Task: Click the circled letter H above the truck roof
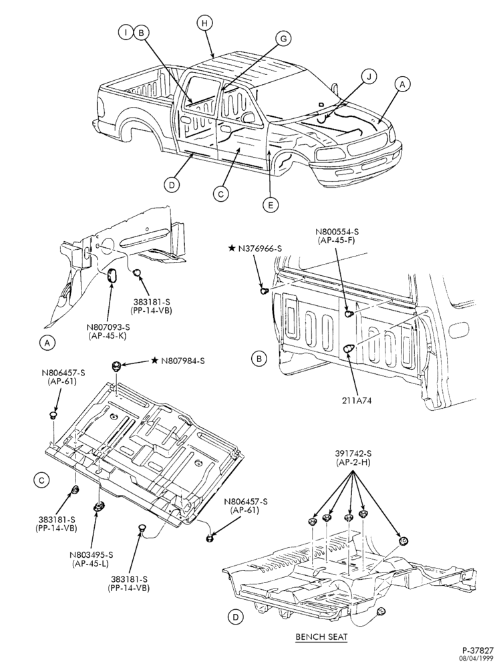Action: tap(204, 23)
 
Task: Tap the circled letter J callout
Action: tap(369, 77)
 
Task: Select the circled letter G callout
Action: tap(283, 38)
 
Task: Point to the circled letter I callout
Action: tap(126, 32)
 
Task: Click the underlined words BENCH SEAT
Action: tap(321, 637)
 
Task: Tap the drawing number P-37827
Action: tap(478, 651)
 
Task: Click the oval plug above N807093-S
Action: tap(112, 276)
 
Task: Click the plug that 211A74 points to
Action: tap(349, 348)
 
